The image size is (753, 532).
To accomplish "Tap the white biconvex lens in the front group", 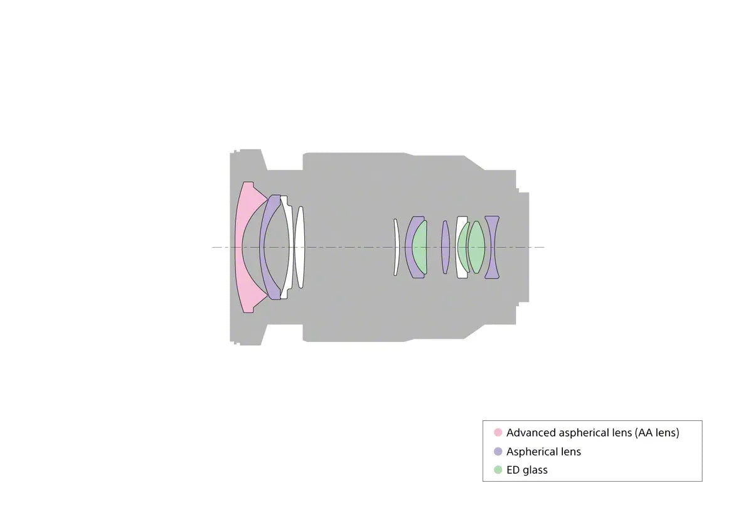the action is tap(300, 248).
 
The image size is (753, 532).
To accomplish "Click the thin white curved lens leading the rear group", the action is tap(397, 248).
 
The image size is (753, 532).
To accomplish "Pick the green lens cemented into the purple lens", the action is tap(420, 248).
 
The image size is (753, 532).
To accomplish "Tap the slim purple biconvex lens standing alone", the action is tap(446, 248).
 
